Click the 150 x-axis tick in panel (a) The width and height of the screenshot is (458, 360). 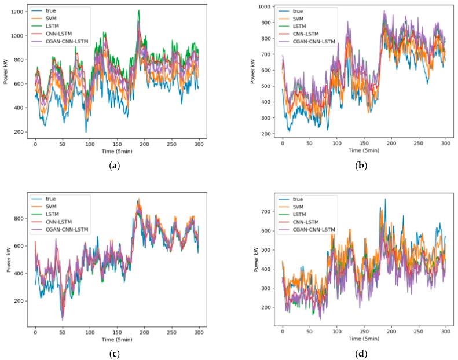(x=117, y=143)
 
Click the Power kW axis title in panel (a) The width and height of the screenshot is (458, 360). (x=5, y=71)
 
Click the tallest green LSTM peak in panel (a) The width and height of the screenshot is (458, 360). (x=138, y=10)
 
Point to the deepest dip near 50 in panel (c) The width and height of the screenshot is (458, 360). (x=63, y=319)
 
